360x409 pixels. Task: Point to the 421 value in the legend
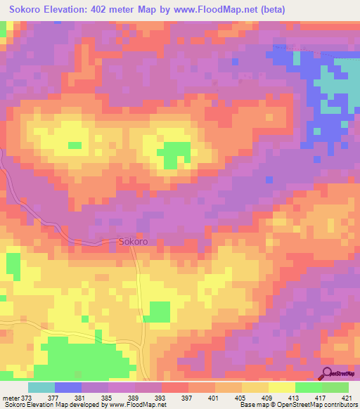346,397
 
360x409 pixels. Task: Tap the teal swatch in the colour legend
41,387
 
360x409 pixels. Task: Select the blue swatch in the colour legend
68,387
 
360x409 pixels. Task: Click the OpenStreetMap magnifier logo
328,372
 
